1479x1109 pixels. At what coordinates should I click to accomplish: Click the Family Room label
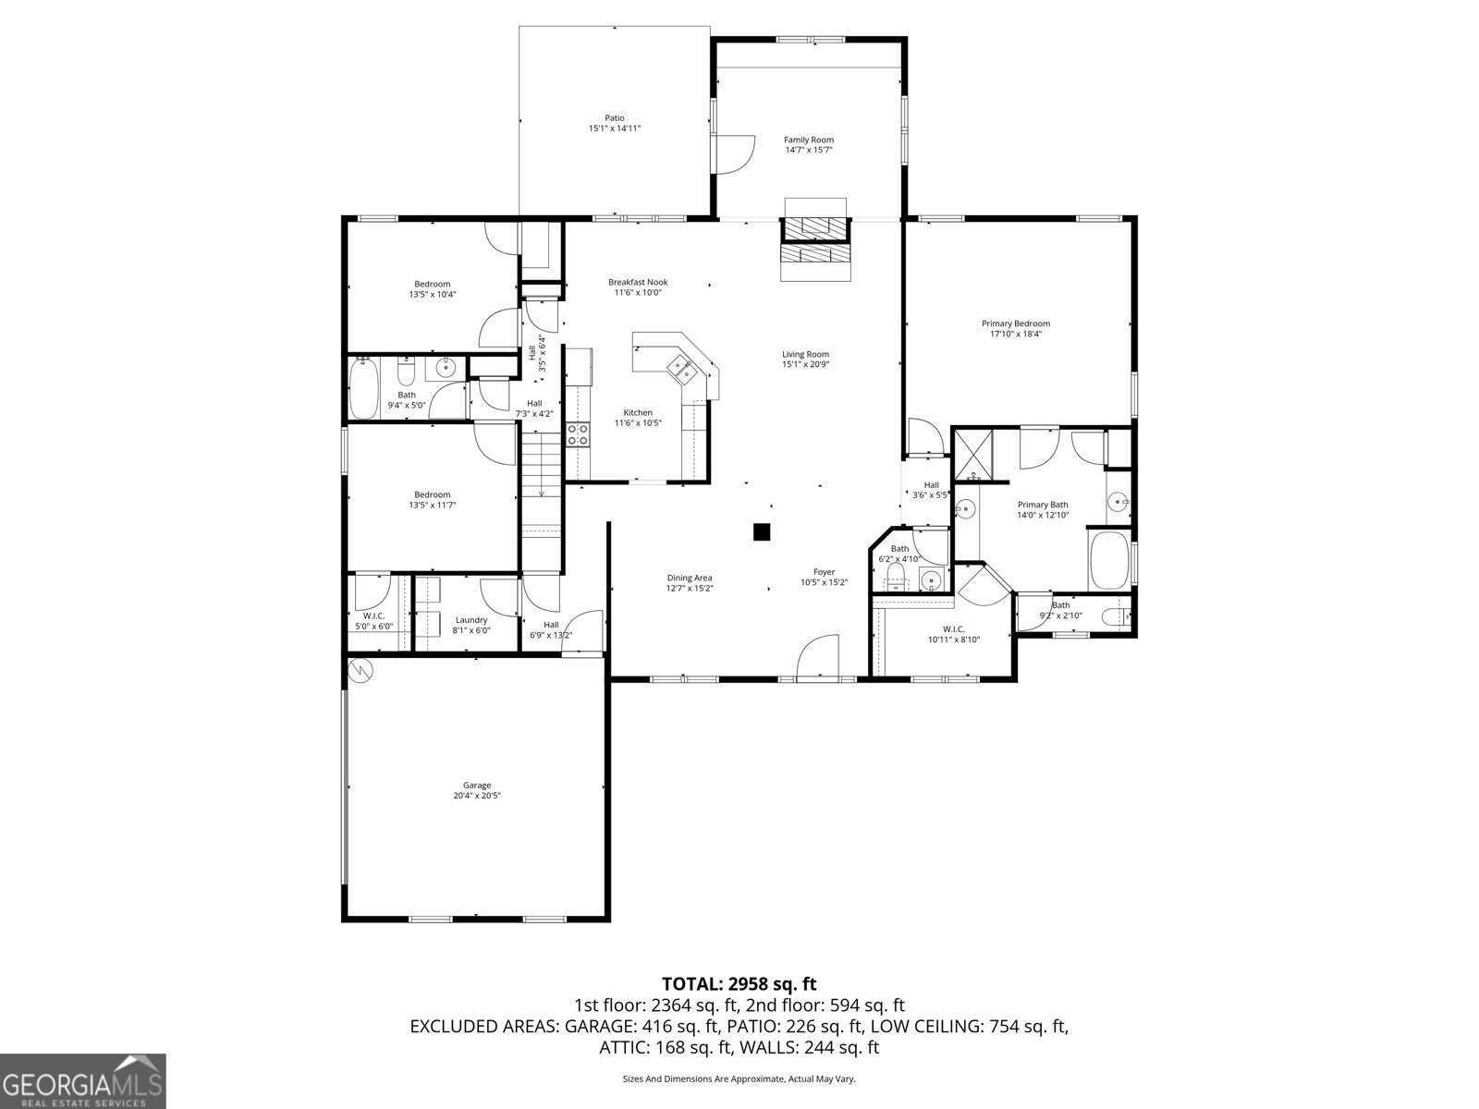click(809, 140)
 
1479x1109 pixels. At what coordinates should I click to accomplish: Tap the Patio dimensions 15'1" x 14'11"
click(615, 128)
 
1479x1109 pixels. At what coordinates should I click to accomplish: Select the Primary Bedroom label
click(1015, 323)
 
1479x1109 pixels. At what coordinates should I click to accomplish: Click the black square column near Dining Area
click(762, 531)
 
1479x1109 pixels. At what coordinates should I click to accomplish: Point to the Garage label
click(477, 785)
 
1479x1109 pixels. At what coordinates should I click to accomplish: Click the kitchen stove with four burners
click(578, 434)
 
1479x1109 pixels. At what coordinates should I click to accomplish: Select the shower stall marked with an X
click(972, 454)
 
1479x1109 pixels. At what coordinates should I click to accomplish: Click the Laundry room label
click(471, 620)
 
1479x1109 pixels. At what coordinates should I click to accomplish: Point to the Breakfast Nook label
click(638, 282)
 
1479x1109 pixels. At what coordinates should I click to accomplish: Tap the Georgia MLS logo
click(82, 1079)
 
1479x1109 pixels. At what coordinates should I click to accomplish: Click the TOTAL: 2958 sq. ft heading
click(739, 984)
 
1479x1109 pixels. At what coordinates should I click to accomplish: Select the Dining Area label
click(690, 578)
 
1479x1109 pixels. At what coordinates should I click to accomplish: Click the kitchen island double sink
click(683, 368)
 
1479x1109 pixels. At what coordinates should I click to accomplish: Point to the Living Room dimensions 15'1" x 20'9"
click(805, 364)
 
